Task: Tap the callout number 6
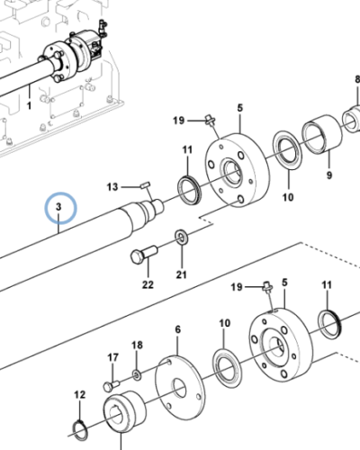click(x=176, y=330)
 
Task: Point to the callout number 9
click(x=328, y=175)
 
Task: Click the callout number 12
click(x=78, y=395)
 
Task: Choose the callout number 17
click(x=113, y=357)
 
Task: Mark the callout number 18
click(x=137, y=346)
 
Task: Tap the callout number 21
click(x=181, y=274)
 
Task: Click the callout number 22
click(x=148, y=285)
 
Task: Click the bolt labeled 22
click(x=144, y=256)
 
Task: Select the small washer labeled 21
click(x=181, y=237)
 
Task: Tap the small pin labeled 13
click(x=146, y=184)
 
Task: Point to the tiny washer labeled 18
click(x=136, y=373)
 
